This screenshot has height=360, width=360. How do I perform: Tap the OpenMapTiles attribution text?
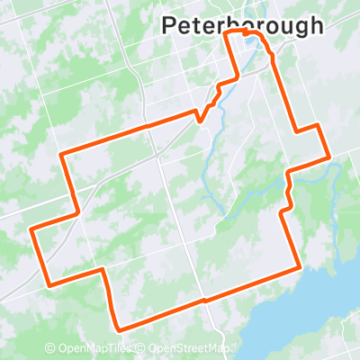click(x=87, y=348)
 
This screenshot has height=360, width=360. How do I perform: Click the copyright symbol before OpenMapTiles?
click(x=50, y=348)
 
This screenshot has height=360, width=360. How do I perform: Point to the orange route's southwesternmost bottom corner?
click(x=119, y=329)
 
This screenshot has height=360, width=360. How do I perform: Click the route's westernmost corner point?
click(x=31, y=229)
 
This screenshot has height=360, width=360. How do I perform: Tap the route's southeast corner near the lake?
click(x=299, y=266)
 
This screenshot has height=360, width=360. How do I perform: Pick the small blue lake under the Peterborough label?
click(x=269, y=52)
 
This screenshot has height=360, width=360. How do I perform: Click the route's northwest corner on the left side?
click(x=61, y=154)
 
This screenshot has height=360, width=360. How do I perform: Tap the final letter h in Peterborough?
click(x=314, y=25)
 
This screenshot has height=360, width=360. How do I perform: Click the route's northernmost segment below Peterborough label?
click(x=243, y=32)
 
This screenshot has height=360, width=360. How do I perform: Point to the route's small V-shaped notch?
click(x=204, y=115)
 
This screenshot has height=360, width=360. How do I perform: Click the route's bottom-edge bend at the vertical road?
click(x=205, y=300)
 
